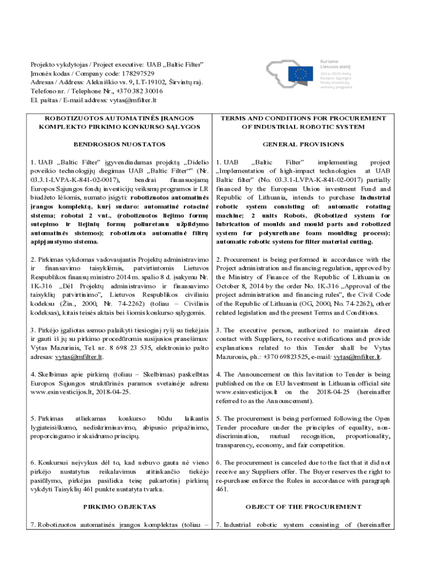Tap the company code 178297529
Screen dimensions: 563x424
[x=134, y=73]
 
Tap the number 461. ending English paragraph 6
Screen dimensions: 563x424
[x=222, y=488]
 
